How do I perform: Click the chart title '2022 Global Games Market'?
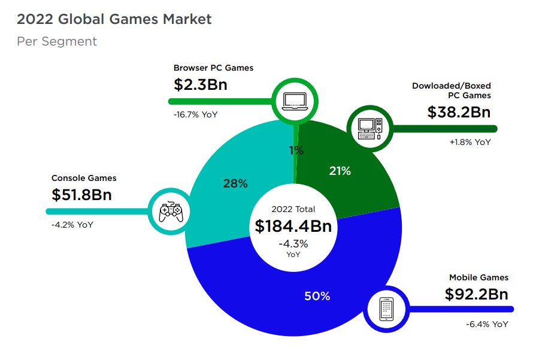pyautogui.click(x=114, y=19)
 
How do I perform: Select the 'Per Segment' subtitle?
pyautogui.click(x=57, y=41)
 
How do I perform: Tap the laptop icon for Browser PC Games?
pyautogui.click(x=295, y=99)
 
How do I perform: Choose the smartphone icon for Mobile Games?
pyautogui.click(x=386, y=309)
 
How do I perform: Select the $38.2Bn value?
pyautogui.click(x=459, y=112)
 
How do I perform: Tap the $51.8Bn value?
pyautogui.click(x=81, y=195)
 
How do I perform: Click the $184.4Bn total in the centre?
pyautogui.click(x=293, y=226)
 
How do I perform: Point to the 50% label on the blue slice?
pyautogui.click(x=317, y=296)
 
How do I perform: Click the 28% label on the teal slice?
pyautogui.click(x=235, y=184)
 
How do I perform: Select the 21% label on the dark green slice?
pyautogui.click(x=340, y=171)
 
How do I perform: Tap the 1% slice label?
pyautogui.click(x=296, y=151)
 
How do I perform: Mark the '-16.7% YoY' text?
pyautogui.click(x=196, y=114)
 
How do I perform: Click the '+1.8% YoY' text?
pyautogui.click(x=470, y=143)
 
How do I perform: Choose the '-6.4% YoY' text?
pyautogui.click(x=487, y=324)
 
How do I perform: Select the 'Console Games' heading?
pyautogui.click(x=84, y=178)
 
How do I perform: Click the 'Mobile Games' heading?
pyautogui.click(x=479, y=277)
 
